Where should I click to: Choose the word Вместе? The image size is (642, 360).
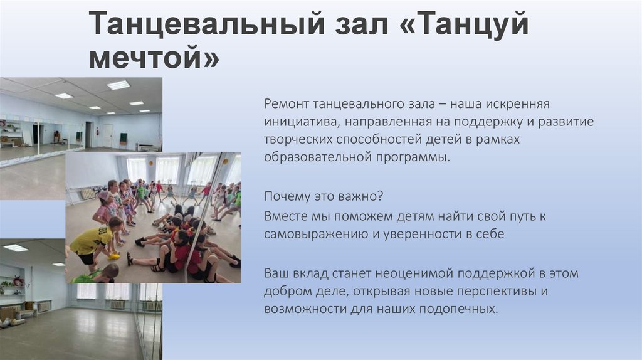(x=284, y=216)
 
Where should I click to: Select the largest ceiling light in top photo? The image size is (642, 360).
(x=118, y=85)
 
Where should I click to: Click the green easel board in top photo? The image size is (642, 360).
(x=124, y=137)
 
